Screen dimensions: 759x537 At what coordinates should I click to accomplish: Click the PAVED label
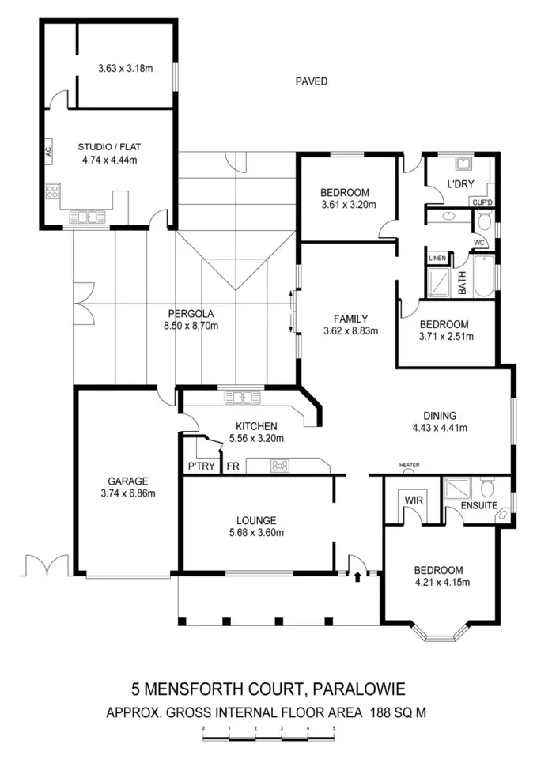(311, 81)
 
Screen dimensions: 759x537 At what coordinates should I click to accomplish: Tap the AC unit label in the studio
(48, 150)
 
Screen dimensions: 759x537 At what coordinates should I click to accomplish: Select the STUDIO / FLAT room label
(108, 146)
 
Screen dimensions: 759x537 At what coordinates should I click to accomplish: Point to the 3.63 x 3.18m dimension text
(125, 68)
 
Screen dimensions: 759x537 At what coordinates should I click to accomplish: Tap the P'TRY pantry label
(201, 466)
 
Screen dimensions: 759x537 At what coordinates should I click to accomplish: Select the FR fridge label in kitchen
(233, 466)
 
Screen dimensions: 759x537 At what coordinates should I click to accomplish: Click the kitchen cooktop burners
(280, 466)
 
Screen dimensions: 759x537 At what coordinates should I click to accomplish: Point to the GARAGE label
(128, 481)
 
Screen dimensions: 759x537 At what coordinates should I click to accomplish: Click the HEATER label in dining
(409, 465)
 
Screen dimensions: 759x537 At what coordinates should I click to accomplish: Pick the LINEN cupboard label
(437, 259)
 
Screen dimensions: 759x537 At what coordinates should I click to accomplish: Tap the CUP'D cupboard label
(482, 202)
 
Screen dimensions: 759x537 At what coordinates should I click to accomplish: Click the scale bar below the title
(269, 738)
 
